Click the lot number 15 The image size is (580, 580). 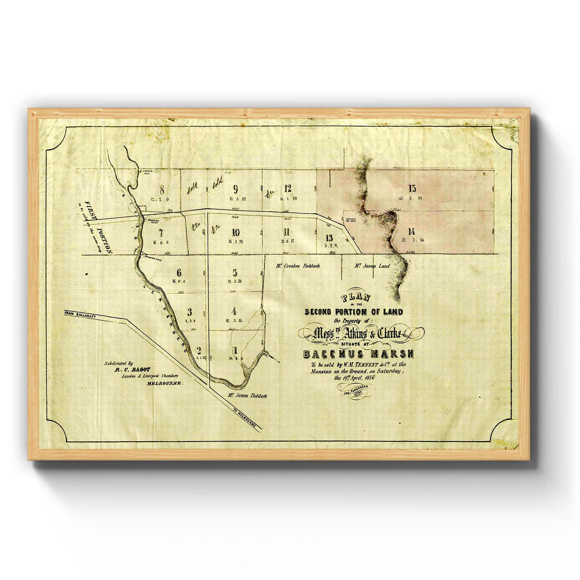tap(412, 188)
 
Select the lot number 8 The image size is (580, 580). tap(162, 189)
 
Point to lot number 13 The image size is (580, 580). tap(329, 238)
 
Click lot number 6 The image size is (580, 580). tap(179, 273)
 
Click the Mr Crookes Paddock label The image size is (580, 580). tap(297, 266)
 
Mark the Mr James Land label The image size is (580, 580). tap(372, 266)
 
